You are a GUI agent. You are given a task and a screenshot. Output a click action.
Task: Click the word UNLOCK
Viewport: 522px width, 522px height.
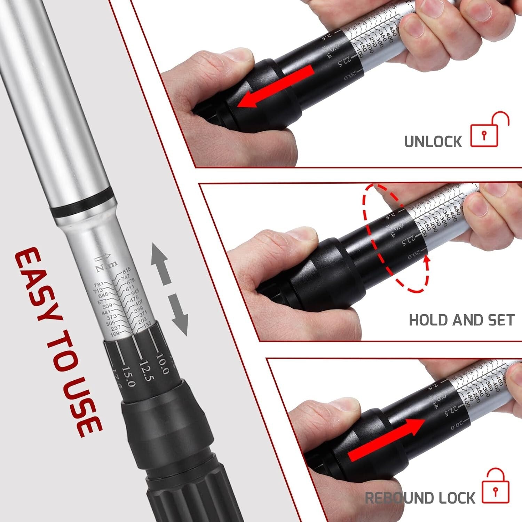433,142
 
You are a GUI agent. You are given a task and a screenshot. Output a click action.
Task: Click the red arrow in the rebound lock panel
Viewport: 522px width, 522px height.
386,440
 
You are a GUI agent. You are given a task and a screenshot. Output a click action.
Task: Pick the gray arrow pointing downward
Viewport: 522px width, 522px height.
179,315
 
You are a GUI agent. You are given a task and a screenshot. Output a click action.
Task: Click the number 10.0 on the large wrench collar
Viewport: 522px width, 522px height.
162,364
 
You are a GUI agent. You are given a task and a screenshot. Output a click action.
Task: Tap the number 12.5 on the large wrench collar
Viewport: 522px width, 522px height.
146,371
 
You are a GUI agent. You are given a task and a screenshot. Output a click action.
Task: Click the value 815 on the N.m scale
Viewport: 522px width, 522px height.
126,270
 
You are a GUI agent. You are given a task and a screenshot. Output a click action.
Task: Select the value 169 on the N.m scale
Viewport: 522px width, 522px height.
114,334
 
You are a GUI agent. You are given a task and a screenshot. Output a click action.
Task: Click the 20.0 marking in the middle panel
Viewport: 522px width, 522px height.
414,255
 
